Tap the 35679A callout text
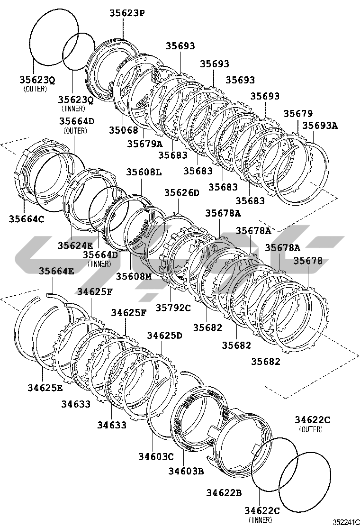pos(144,143)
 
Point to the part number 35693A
pos(320,126)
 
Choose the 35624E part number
pos(76,245)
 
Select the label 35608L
pos(144,172)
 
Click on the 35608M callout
pos(134,276)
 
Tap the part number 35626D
pos(182,192)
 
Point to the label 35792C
pos(173,308)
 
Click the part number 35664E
pos(56,271)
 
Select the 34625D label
pos(164,335)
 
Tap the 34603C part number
pos(156,456)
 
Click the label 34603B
pos(186,471)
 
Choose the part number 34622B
pos(224,492)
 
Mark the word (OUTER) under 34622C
pos(311,429)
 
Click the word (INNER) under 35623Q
pos(73,108)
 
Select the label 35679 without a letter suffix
pos(298,113)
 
